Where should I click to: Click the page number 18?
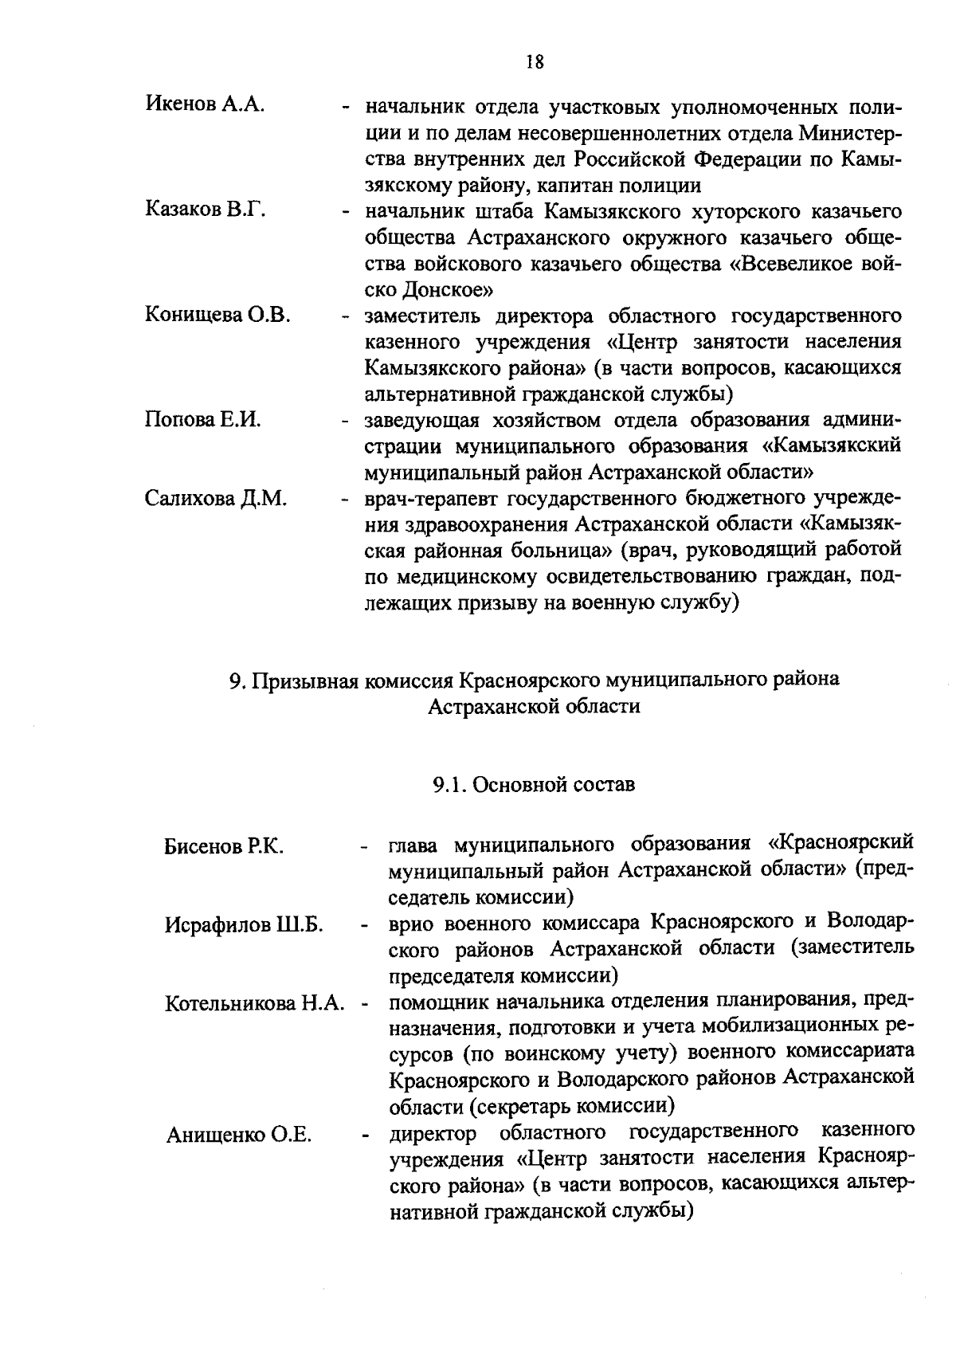[535, 61]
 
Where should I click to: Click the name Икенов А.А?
[205, 104]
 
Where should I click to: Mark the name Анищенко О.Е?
[238, 1135]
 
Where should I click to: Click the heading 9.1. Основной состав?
[534, 784]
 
